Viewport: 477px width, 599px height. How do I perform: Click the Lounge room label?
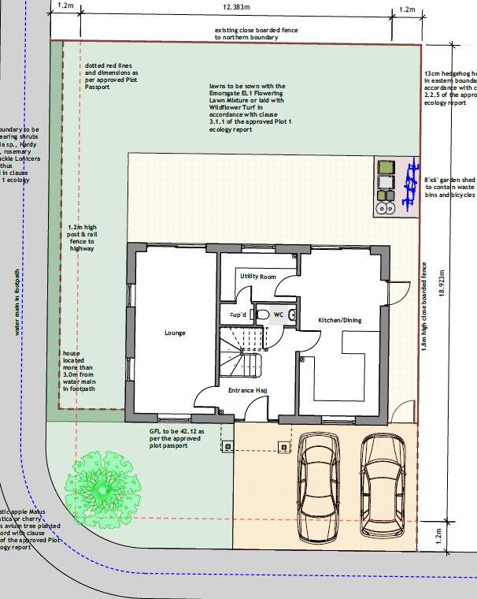tap(175, 333)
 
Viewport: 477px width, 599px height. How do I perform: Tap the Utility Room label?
tap(257, 277)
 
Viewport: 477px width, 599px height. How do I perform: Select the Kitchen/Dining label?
tap(339, 321)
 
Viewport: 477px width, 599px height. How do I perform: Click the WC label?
tap(278, 314)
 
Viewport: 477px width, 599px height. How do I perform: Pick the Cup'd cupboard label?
tap(238, 314)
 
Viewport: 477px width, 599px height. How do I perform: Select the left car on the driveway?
tap(319, 489)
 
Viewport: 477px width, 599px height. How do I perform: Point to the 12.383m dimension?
tap(235, 7)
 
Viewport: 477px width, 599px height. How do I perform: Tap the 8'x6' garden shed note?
tap(449, 186)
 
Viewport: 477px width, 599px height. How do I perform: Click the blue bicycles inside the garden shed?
tap(407, 185)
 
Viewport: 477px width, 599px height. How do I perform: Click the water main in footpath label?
tap(15, 303)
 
